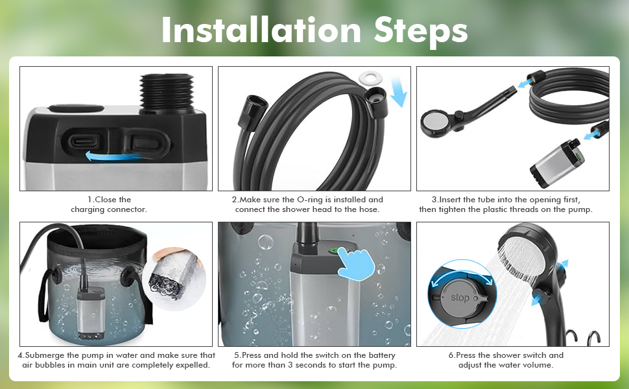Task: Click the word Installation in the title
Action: pos(261,30)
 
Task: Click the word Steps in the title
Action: pos(421,31)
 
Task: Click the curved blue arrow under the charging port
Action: pos(112,156)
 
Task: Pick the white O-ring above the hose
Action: pos(370,77)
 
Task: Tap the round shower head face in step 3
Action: pos(436,121)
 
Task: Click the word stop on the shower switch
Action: pos(460,298)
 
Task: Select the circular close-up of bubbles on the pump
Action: pos(174,278)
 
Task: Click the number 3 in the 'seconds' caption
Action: pos(290,365)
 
